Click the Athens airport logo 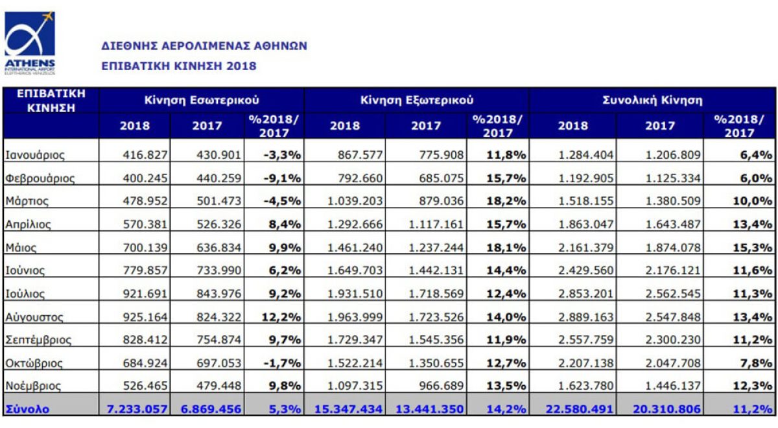click(x=30, y=43)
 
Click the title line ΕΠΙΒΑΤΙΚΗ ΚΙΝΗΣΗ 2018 click(x=179, y=66)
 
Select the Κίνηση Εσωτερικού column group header click(x=202, y=100)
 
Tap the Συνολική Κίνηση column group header click(x=652, y=100)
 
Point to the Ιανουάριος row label click(x=35, y=155)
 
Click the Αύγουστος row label click(x=34, y=317)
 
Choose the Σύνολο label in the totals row click(x=27, y=409)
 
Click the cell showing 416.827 click(x=145, y=155)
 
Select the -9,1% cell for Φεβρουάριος click(x=282, y=178)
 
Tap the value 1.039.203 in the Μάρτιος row click(x=355, y=201)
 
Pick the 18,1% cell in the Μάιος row click(x=506, y=248)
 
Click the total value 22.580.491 click(x=580, y=409)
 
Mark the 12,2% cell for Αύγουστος click(x=281, y=317)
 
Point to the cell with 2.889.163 click(x=585, y=317)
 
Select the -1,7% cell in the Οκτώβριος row click(x=282, y=363)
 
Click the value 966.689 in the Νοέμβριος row click(x=441, y=386)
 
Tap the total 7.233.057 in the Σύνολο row click(x=137, y=409)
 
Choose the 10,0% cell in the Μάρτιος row click(x=753, y=201)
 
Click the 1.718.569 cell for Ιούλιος click(x=436, y=294)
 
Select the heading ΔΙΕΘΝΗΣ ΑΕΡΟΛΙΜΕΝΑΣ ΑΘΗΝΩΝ click(x=204, y=46)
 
